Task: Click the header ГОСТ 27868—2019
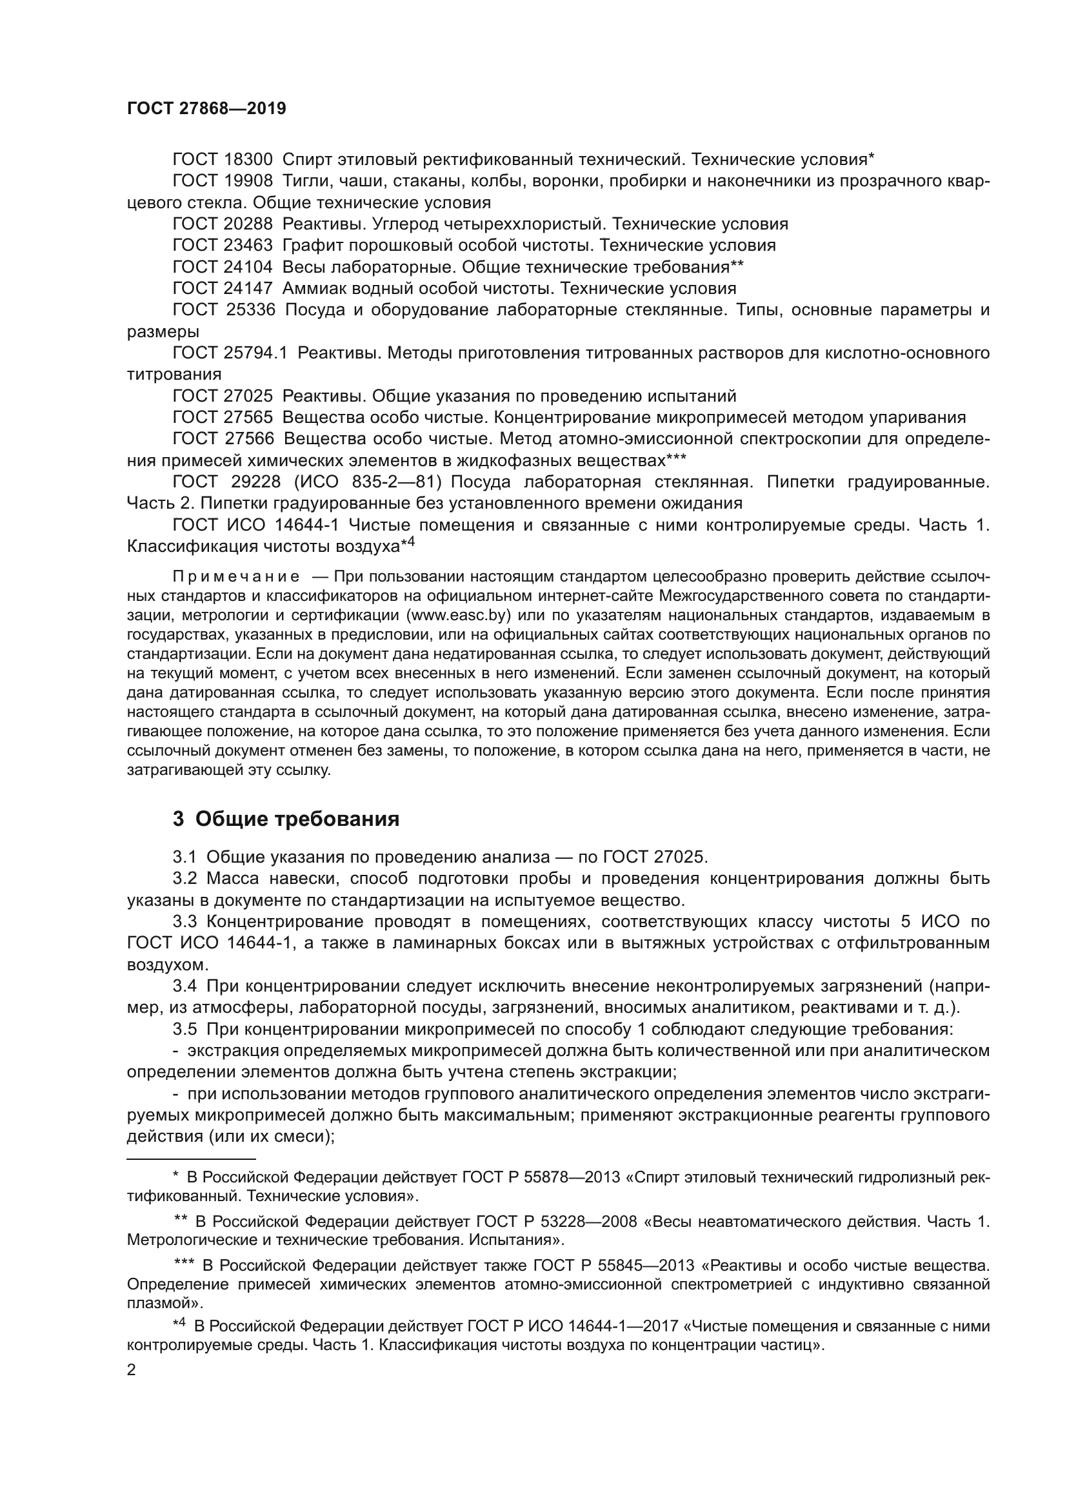click(206, 109)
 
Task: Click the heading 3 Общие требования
click(286, 819)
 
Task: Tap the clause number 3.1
click(184, 857)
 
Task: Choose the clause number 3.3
click(184, 921)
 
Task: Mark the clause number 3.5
click(184, 1029)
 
